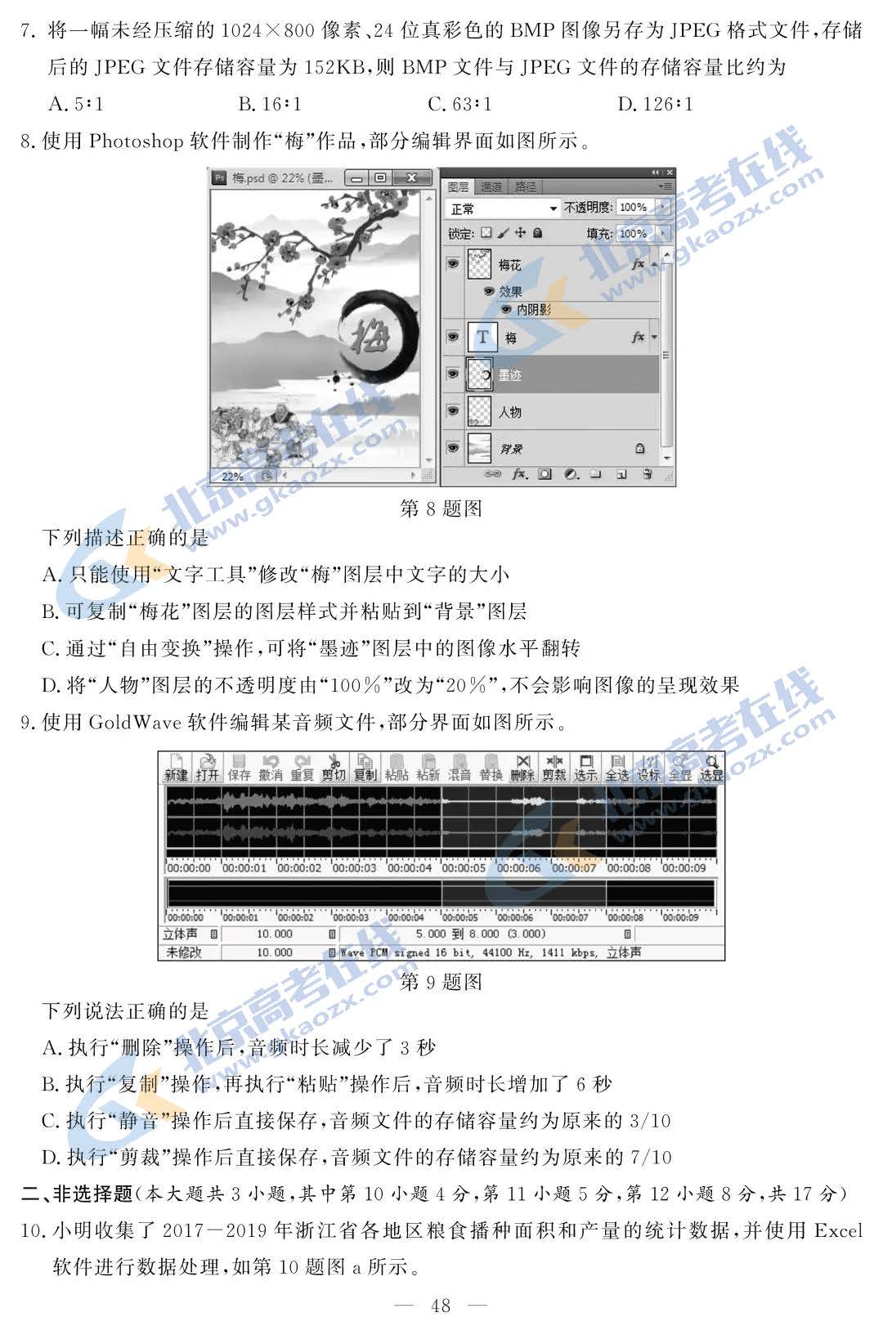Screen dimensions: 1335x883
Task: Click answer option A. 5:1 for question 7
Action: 76,104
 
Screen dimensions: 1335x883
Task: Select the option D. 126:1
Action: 655,104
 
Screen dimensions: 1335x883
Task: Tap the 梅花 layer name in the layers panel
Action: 509,265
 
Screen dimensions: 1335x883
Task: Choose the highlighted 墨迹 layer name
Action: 509,375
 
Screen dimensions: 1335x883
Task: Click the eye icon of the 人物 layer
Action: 453,411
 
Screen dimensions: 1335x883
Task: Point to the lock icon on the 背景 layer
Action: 639,448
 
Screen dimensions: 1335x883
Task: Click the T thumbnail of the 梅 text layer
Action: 482,337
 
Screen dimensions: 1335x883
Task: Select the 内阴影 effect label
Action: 534,310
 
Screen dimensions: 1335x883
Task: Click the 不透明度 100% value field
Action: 634,208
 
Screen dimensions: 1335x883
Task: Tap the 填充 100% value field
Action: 634,234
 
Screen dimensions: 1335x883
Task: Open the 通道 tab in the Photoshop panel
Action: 491,187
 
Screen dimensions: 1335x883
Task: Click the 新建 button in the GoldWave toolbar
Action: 176,768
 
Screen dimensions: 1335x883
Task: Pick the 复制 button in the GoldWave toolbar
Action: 365,768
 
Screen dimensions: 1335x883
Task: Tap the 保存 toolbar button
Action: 239,768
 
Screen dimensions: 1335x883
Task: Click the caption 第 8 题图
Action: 441,508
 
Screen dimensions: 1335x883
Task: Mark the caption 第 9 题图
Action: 441,982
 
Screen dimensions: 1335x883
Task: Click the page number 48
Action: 441,1306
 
